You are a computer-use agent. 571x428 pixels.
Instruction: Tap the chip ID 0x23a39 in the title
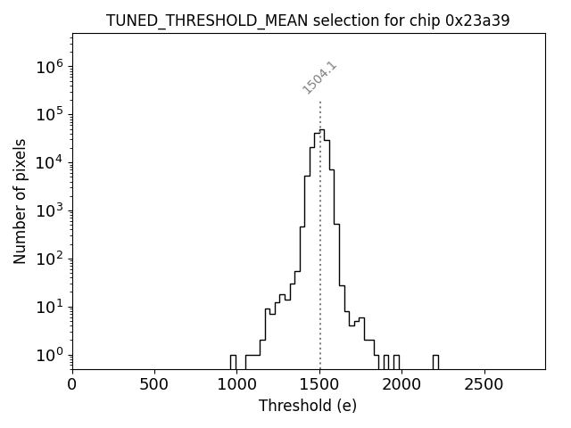point(477,21)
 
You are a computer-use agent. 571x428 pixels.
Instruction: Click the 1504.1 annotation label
point(319,78)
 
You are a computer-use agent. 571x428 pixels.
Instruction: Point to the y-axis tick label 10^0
point(50,355)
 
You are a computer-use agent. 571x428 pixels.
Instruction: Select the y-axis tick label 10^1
point(50,307)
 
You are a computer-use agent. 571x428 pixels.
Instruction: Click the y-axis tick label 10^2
point(50,259)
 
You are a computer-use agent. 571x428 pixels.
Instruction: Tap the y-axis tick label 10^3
point(50,210)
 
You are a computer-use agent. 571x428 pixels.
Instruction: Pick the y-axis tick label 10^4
point(50,162)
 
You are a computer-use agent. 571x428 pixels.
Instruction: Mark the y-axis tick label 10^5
point(50,114)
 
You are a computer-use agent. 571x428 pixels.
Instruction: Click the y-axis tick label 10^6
point(50,66)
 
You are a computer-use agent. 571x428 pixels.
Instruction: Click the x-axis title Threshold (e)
point(308,406)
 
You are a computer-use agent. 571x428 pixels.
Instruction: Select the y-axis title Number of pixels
point(20,201)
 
